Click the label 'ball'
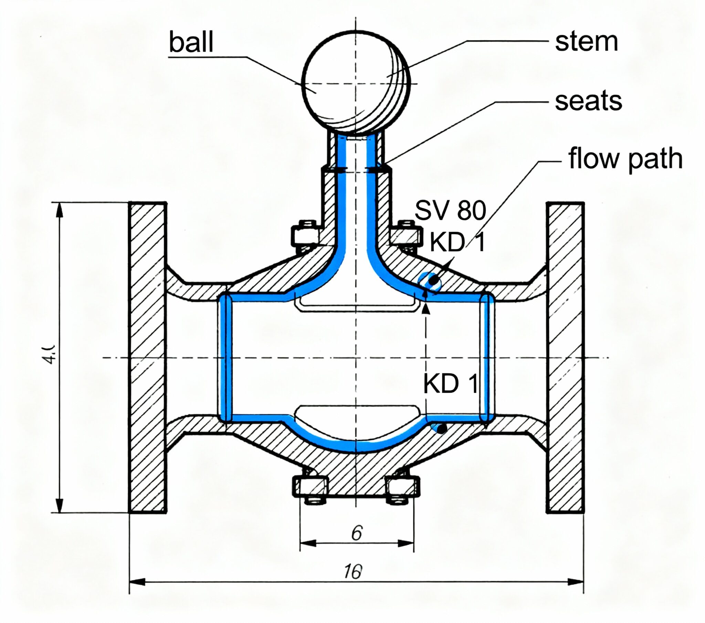pyautogui.click(x=191, y=42)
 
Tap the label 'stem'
pyautogui.click(x=586, y=42)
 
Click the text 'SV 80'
pyautogui.click(x=450, y=210)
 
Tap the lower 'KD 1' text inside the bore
pyautogui.click(x=451, y=383)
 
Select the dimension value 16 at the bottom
pyautogui.click(x=353, y=572)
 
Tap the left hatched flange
pyautogui.click(x=148, y=357)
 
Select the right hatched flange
pyautogui.click(x=565, y=357)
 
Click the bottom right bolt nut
pyautogui.click(x=402, y=486)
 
